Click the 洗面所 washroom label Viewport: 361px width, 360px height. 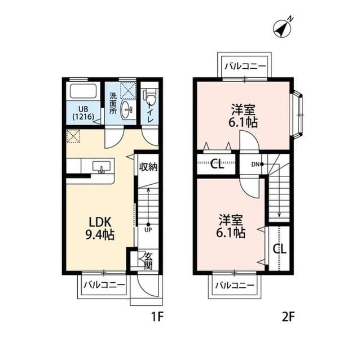pos(113,103)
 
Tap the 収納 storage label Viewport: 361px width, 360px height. pos(148,166)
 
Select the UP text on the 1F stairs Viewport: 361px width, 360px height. pos(148,230)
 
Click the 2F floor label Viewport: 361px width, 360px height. pos(288,317)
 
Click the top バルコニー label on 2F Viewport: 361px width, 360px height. pos(244,66)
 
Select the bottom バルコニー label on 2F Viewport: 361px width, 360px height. pos(236,286)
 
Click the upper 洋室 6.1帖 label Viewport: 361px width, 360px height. pos(244,114)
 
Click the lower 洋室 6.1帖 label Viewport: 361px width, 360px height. pos(231,224)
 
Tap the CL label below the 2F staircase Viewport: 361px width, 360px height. pos(280,248)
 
